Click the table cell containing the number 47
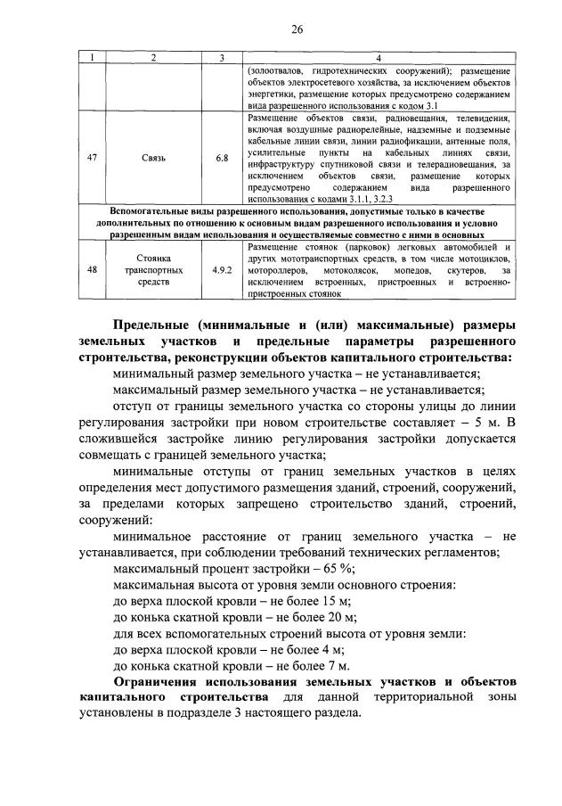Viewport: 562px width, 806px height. [92, 158]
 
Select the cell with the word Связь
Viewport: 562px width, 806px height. [152, 158]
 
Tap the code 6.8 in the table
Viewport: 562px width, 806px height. [222, 158]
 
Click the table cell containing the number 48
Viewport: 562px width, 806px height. [92, 267]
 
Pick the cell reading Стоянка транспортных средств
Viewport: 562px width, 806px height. [152, 267]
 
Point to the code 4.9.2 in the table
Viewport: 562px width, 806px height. [222, 267]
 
